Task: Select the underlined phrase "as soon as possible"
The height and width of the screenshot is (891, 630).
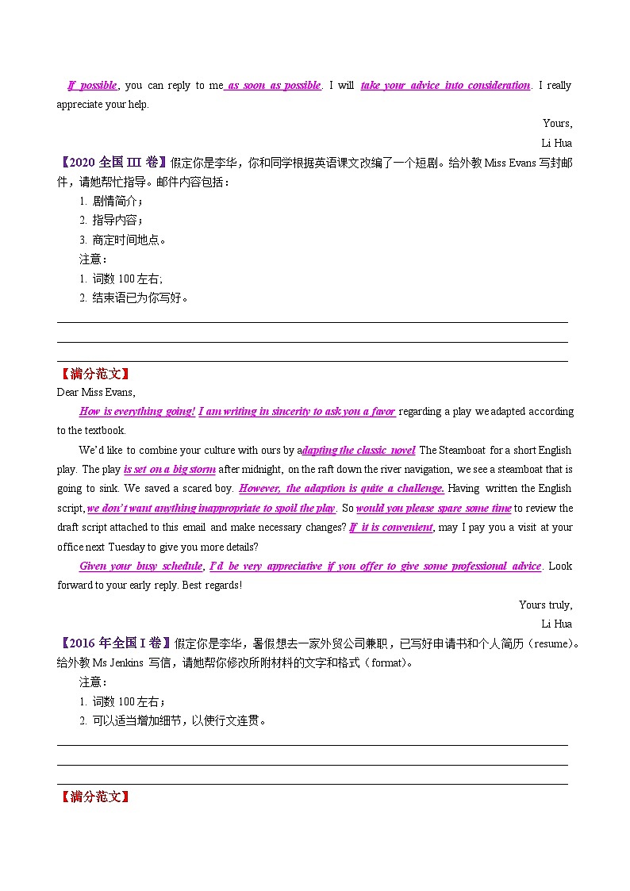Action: coord(274,86)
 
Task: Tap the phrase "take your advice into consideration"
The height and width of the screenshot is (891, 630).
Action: coord(445,86)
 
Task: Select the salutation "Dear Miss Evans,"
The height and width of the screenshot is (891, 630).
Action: coord(96,392)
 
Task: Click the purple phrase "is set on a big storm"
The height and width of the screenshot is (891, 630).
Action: coord(170,469)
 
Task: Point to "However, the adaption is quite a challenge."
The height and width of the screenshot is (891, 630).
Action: coord(341,489)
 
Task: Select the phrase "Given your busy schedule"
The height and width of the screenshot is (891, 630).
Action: coord(141,566)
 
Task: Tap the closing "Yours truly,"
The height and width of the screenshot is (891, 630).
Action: coord(545,605)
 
